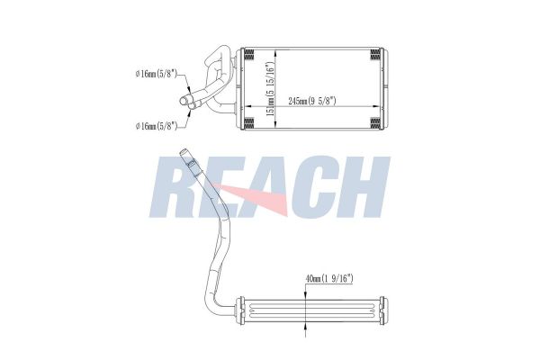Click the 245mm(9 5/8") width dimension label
click(x=312, y=101)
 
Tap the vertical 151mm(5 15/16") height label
click(x=272, y=89)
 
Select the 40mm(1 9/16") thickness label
click(x=329, y=278)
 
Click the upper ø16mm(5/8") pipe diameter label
click(x=157, y=74)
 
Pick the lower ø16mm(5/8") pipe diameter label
click(x=157, y=126)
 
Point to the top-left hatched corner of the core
click(x=249, y=54)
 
